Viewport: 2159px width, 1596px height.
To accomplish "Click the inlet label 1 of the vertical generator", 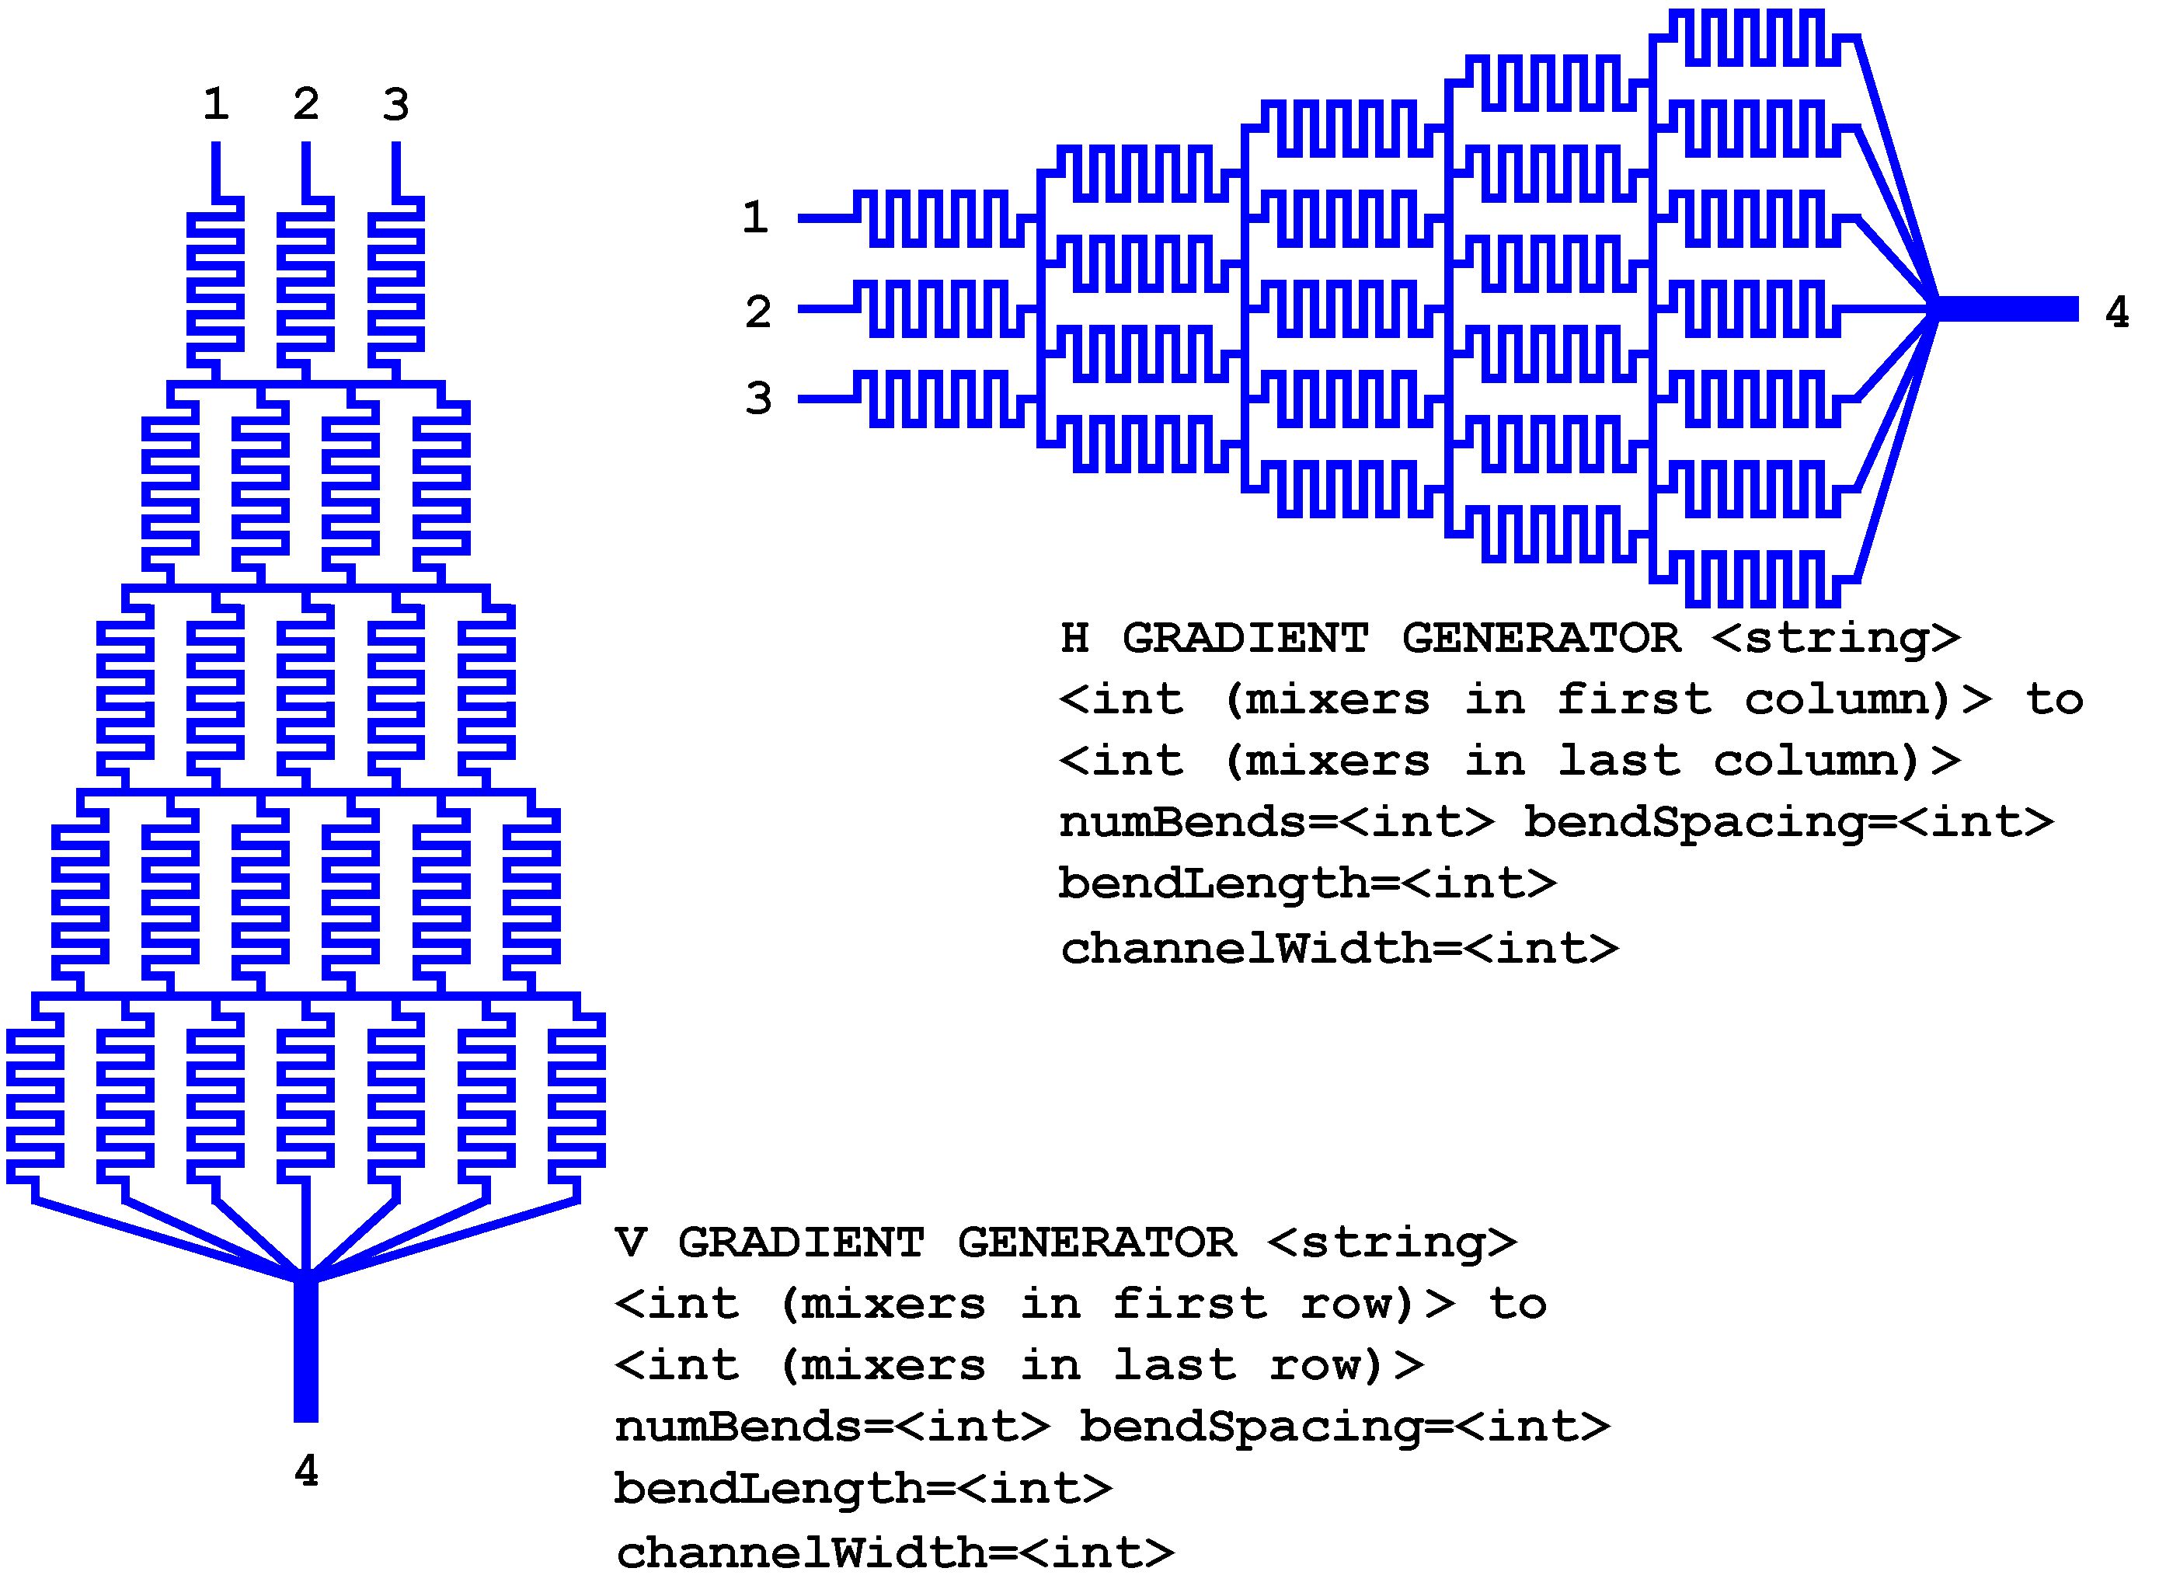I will (x=215, y=104).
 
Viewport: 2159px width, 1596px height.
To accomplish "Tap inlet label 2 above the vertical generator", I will (x=306, y=104).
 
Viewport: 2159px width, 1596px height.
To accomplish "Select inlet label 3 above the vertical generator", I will (x=396, y=104).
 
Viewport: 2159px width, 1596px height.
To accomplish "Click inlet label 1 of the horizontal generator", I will (x=755, y=218).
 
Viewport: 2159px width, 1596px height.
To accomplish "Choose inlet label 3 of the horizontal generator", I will (x=758, y=398).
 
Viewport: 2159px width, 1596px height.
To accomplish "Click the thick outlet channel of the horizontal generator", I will (x=2009, y=309).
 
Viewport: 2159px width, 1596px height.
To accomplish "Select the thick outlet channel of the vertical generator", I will (x=306, y=1353).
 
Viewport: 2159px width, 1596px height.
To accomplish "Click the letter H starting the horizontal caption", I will (x=1075, y=638).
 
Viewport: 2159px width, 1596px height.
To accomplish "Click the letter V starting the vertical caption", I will (x=630, y=1242).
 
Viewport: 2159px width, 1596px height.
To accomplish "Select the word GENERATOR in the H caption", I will (x=1541, y=638).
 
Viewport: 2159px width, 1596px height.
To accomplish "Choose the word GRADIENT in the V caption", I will (x=801, y=1242).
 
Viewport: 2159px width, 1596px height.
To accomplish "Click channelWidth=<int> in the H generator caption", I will (x=1339, y=948).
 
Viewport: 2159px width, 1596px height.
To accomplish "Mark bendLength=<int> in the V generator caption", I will (x=862, y=1488).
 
